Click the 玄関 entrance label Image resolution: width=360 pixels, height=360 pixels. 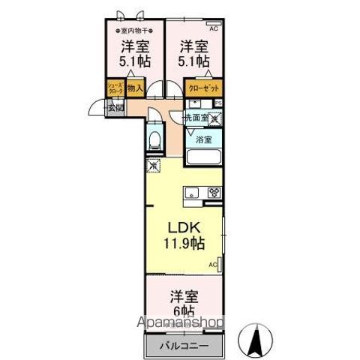(x=115, y=107)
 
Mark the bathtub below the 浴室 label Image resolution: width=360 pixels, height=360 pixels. (x=202, y=158)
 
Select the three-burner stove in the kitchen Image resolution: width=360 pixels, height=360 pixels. (x=214, y=192)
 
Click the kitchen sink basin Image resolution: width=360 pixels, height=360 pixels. (x=190, y=192)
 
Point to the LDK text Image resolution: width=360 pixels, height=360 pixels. (x=182, y=227)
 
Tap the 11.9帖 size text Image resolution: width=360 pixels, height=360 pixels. (x=184, y=244)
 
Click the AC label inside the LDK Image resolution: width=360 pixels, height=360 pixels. (x=212, y=265)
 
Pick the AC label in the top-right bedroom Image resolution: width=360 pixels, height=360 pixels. (x=213, y=28)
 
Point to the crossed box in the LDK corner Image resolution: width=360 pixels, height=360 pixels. (x=154, y=166)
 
